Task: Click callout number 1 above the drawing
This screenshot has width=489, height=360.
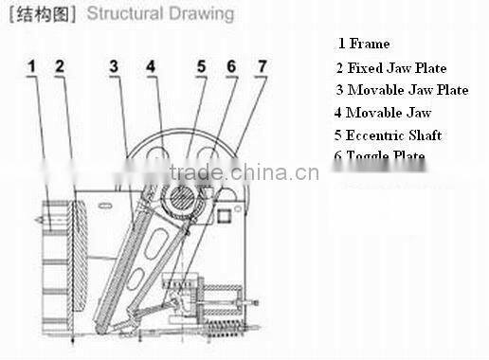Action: [31, 66]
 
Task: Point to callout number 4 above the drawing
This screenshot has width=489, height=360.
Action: [151, 66]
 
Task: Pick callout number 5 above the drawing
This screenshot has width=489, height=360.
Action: [201, 66]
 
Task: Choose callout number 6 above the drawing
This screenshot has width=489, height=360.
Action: [231, 66]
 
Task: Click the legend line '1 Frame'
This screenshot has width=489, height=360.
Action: [364, 44]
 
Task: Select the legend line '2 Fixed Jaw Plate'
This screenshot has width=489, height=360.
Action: [390, 67]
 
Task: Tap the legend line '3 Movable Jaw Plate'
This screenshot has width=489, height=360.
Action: [402, 90]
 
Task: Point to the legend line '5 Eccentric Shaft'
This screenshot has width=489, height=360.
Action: [389, 135]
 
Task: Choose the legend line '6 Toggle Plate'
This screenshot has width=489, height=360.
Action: [379, 155]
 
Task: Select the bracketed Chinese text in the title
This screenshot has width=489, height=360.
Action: [42, 14]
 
